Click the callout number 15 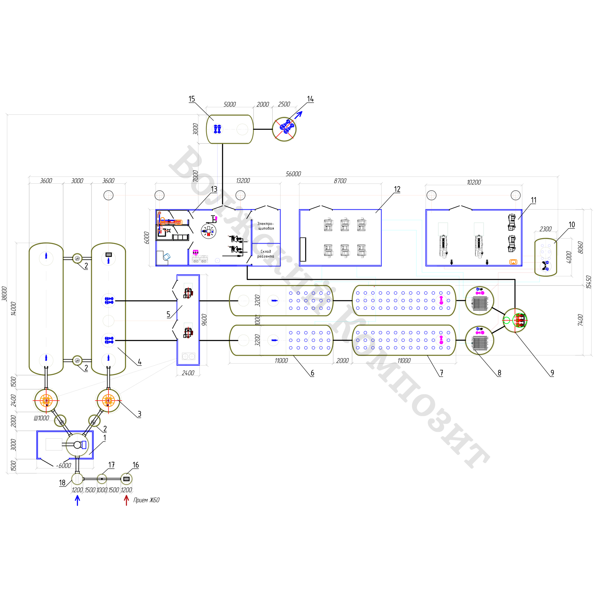192,99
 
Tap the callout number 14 310,99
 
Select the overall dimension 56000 293,174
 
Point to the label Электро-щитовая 265,226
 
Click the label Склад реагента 265,254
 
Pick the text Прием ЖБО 146,500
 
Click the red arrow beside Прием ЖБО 127,500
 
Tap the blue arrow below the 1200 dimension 77,500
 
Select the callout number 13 214,189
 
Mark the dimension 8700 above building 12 340,181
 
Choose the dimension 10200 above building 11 474,182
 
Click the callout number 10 572,225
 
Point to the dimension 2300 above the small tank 545,229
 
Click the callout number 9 552,373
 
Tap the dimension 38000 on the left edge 4,293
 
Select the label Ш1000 42,418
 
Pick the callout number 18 62,483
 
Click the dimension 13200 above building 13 243,181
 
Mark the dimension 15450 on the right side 589,282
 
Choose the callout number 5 168,314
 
